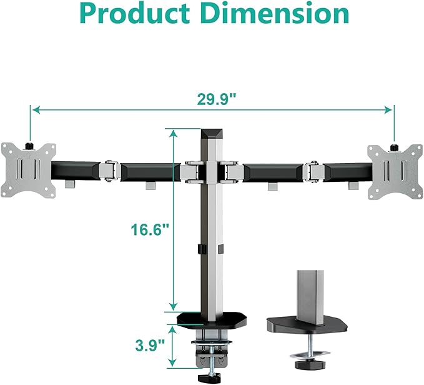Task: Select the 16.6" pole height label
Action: coord(150,229)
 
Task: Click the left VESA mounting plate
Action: coord(28,167)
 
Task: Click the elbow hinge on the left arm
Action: coord(110,170)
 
